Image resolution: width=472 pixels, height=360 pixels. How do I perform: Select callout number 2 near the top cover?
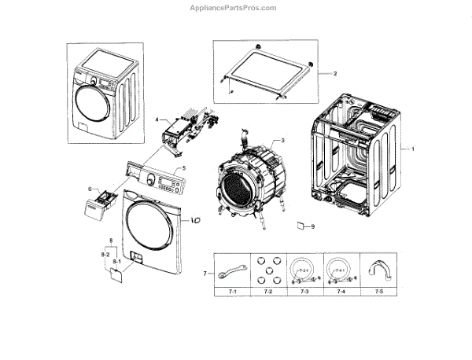(335, 73)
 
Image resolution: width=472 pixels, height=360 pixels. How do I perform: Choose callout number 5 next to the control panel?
(184, 167)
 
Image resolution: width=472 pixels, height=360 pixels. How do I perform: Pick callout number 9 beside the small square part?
(312, 227)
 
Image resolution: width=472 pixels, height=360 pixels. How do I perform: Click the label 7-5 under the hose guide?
(379, 292)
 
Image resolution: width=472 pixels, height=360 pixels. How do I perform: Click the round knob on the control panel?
(149, 180)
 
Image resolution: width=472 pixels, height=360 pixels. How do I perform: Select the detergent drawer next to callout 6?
(107, 208)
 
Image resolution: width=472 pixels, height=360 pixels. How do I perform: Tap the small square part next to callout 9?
(300, 227)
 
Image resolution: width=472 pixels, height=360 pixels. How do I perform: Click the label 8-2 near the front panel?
(105, 255)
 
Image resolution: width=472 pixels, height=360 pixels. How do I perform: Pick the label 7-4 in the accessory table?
(341, 292)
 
